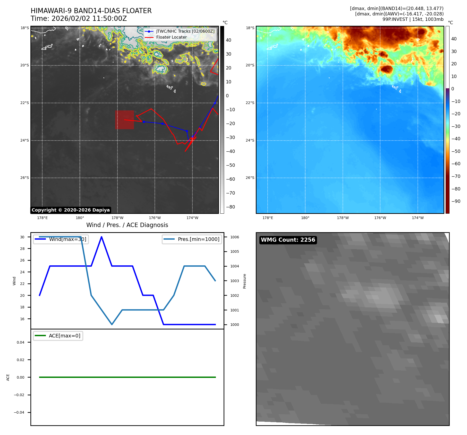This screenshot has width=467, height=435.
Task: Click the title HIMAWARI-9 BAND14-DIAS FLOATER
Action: (91, 11)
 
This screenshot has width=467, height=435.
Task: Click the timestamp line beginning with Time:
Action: (79, 19)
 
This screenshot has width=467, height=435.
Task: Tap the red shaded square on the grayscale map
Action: (124, 120)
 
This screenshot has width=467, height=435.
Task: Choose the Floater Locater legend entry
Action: (171, 37)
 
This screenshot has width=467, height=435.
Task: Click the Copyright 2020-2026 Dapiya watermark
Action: (71, 210)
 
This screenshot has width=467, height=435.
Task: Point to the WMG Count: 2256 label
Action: (288, 240)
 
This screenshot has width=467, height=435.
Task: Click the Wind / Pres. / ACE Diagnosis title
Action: (127, 225)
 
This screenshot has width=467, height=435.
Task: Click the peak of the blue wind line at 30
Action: (101, 237)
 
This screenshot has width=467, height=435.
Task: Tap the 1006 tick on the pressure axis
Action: (234, 237)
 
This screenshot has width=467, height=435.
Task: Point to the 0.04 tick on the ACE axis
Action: (21, 342)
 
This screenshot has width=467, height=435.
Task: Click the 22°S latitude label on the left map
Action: (25, 103)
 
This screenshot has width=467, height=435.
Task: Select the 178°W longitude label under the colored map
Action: (343, 218)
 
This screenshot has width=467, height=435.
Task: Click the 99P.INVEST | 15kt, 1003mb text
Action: (413, 19)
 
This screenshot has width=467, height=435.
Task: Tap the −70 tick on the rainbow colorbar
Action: (456, 176)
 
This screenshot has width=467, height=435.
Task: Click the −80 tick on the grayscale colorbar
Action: (230, 207)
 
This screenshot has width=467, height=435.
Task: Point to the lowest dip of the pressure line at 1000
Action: (112, 324)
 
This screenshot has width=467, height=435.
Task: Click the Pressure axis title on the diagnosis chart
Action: (244, 281)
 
